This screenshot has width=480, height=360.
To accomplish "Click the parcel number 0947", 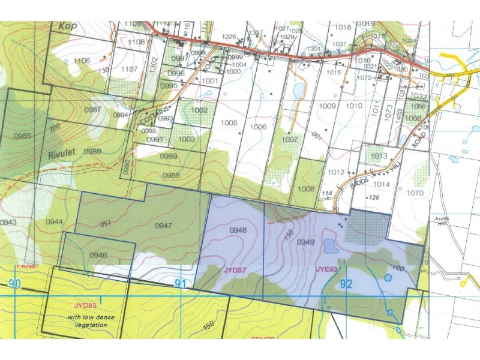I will point(164,226).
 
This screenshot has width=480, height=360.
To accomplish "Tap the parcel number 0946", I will point(98,255).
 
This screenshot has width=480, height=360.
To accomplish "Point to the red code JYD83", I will point(86,305).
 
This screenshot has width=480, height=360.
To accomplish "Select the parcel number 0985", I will point(22,136).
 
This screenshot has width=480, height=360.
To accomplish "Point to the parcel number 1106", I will point(82,61).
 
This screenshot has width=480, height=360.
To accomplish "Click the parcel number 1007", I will point(290,139).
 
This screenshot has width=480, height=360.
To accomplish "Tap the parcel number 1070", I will point(415,193).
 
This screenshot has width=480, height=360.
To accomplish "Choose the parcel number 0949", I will point(306,242).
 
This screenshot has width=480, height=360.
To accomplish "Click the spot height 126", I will point(375,197).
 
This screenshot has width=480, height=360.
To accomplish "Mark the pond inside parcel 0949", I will point(329,246).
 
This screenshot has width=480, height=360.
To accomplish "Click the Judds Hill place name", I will point(442,222).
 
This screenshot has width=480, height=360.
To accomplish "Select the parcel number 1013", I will point(379,156).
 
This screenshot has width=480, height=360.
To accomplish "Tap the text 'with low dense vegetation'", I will point(87,321).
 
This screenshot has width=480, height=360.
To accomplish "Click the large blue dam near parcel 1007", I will point(298,91).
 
